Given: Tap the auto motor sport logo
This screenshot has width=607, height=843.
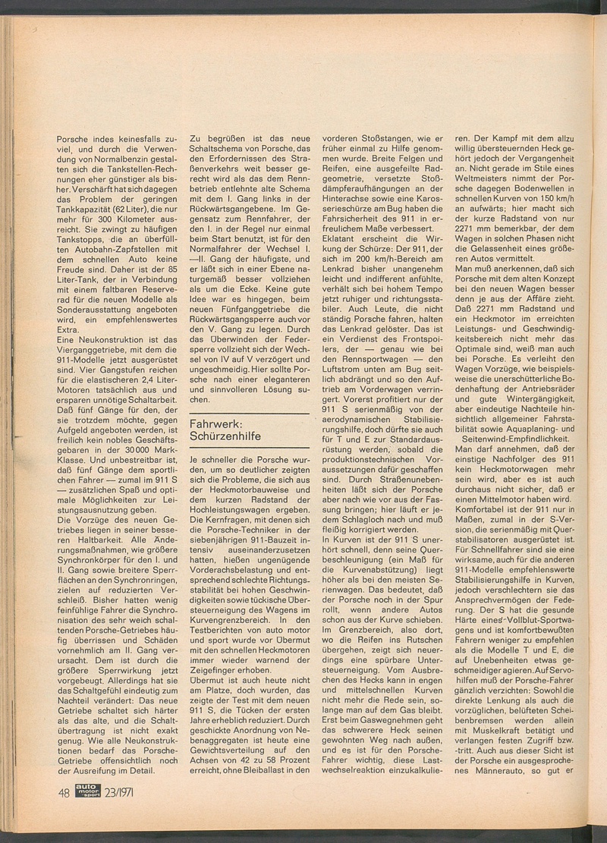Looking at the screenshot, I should point(88,792).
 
